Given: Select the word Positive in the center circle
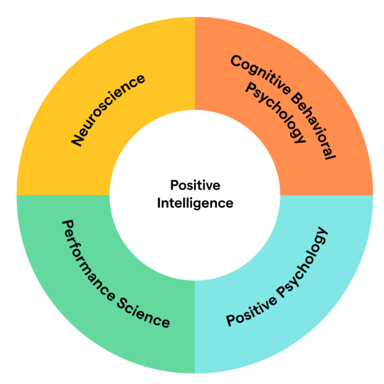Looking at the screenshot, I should point(195,185).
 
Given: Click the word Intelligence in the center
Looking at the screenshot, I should point(195,203).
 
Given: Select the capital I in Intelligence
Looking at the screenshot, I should point(159,203).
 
